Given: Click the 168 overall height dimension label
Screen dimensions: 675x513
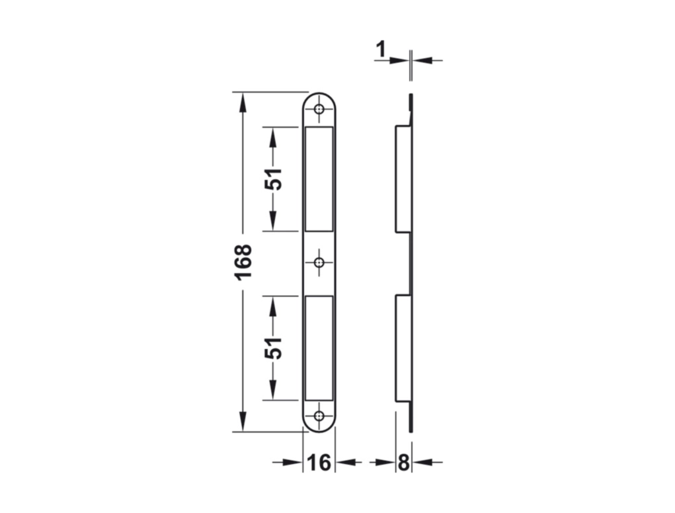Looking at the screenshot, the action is [x=244, y=262].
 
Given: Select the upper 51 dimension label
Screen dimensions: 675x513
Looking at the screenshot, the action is [x=273, y=178].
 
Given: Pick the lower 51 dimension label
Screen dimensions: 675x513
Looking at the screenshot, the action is [x=273, y=348].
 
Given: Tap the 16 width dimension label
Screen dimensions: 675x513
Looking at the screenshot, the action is [x=319, y=463].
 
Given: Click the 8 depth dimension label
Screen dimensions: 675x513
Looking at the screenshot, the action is [x=403, y=463].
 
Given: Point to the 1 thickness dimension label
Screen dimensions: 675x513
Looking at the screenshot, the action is [x=381, y=50].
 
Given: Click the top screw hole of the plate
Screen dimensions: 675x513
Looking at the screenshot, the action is [x=319, y=109].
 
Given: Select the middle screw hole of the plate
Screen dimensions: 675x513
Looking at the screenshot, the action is [x=319, y=262].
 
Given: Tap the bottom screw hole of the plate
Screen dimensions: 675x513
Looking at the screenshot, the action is [x=319, y=415].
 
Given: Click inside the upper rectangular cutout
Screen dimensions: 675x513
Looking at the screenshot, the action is [x=319, y=178].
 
